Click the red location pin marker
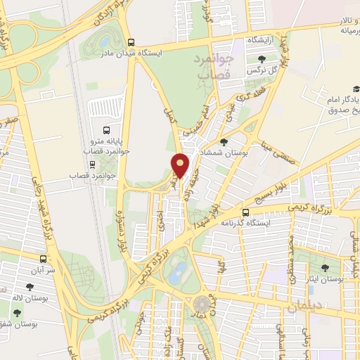point(181,165)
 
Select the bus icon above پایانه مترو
point(106,130)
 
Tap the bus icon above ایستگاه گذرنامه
point(245,212)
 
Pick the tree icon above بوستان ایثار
point(325,268)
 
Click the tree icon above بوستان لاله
point(29,287)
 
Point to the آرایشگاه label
point(264,41)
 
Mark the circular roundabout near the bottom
point(202,305)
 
